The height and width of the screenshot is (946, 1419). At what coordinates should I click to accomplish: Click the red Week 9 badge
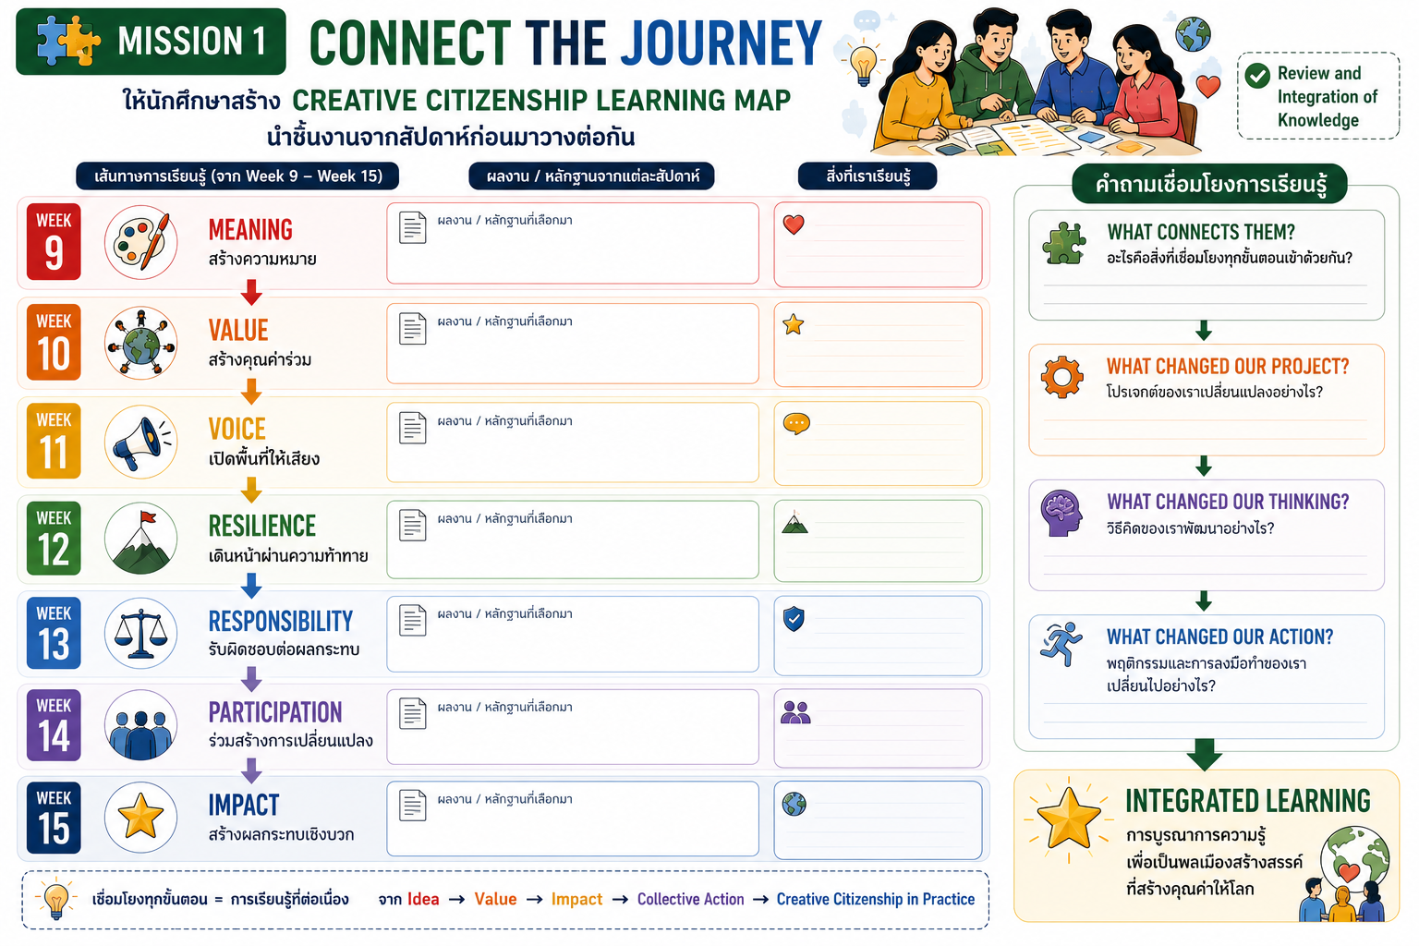coord(54,241)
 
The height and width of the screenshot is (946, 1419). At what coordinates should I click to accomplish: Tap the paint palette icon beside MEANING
coord(140,242)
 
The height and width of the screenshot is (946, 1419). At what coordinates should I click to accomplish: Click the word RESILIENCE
coord(262,526)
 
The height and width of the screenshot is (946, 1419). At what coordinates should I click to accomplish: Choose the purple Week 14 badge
coord(54,725)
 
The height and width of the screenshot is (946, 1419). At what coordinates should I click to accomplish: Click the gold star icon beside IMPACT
coord(140,816)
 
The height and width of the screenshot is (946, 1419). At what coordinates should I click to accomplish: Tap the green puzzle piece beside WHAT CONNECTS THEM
coord(1064,243)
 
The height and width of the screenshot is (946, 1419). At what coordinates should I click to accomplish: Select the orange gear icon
coord(1062,377)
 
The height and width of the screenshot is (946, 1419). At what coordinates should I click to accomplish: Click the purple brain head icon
coord(1061,513)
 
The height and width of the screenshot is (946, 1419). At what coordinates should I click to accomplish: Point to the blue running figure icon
coord(1061,644)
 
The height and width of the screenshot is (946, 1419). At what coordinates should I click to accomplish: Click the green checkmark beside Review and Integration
coord(1257,76)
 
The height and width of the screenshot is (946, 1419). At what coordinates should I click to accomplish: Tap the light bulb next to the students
coord(863,65)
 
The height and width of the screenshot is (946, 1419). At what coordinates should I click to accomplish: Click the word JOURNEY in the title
coord(721,43)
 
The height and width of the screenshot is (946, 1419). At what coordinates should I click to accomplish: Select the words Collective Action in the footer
coord(690,899)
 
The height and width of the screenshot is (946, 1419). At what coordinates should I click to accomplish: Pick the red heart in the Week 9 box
coord(794,224)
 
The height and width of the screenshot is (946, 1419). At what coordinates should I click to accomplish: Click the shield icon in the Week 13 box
coord(794,619)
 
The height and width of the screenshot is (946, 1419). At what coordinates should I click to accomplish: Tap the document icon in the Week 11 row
coord(412,427)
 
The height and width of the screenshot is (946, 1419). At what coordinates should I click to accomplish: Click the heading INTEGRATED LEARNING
coord(1248,801)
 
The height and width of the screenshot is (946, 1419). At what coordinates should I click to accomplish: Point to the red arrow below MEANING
coord(251,292)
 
